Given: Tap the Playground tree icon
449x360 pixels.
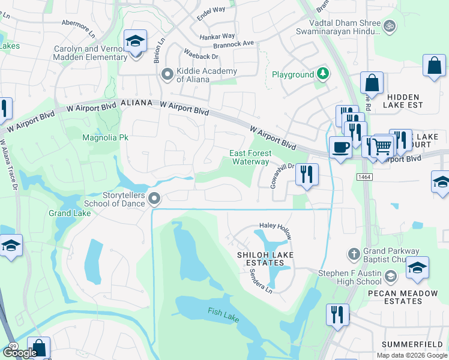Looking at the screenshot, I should pos(324,74).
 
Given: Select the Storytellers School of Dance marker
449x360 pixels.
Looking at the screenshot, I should pos(154,199).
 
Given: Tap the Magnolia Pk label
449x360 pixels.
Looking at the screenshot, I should pos(106,137).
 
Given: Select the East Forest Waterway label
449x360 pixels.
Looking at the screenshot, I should pos(250,157).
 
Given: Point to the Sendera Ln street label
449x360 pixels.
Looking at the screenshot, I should pos(261,280).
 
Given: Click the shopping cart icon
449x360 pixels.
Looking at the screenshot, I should pos(382,145).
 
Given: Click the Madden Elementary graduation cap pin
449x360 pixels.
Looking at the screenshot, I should pos(136,42).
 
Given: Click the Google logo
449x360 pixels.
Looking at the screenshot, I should pos(20,353).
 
